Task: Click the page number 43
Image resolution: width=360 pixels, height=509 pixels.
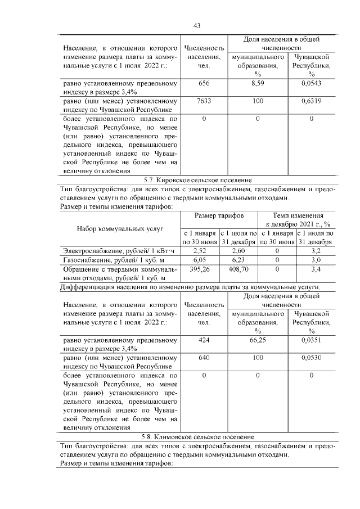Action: tap(197, 25)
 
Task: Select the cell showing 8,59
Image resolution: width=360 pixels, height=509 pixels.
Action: tap(258, 83)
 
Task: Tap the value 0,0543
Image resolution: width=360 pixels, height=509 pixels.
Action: tap(311, 83)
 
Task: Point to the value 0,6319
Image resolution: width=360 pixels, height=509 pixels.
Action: tap(311, 101)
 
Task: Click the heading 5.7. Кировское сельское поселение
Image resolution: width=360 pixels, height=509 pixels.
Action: tap(197, 180)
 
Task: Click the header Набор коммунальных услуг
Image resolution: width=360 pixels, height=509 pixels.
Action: tap(120, 229)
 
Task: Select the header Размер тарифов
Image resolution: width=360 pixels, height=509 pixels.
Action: tap(219, 215)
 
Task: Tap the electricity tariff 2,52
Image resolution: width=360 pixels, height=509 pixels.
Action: tap(200, 250)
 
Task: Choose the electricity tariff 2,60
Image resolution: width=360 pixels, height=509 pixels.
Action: tap(238, 250)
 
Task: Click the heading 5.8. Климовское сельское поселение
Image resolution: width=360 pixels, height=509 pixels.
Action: tap(197, 436)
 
